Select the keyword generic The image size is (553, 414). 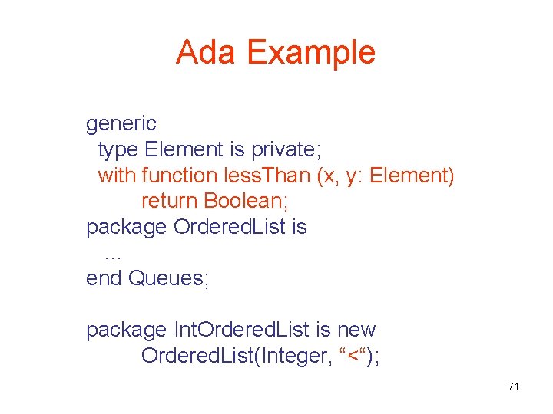(121, 123)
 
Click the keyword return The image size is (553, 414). (170, 202)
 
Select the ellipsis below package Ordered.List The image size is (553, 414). (112, 253)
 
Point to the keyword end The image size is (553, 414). (104, 278)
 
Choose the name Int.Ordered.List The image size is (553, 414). (242, 330)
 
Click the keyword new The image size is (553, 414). (356, 330)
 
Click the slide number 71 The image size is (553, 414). (514, 386)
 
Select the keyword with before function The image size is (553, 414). (117, 176)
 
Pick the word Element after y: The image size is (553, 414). (412, 176)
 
